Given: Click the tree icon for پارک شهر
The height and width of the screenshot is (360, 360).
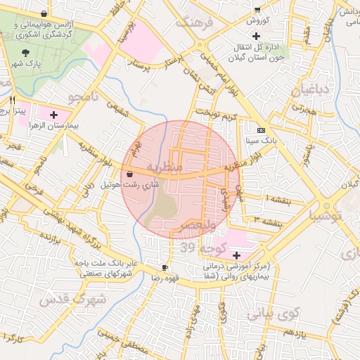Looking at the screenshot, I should [x=26, y=53].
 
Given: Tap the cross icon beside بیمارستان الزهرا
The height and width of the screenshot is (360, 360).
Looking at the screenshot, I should [x=54, y=113].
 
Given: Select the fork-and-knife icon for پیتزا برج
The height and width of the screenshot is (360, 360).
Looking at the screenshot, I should [x=12, y=100].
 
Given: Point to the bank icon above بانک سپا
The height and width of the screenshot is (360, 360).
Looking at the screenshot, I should [x=261, y=130].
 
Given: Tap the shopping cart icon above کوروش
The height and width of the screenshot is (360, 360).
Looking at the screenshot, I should [x=257, y=10].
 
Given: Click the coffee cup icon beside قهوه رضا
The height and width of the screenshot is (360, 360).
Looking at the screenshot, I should [x=165, y=267].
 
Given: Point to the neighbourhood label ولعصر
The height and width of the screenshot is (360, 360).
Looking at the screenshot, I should [x=202, y=226].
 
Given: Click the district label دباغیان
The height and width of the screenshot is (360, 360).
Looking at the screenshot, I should [x=306, y=89].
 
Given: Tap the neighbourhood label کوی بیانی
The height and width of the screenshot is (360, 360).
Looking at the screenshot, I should [x=280, y=311].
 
